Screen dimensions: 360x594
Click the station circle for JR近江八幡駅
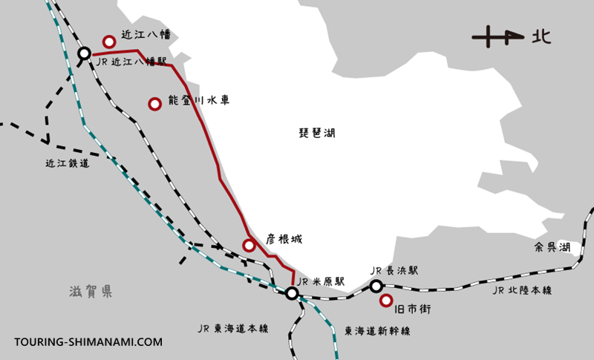click(x=85, y=53)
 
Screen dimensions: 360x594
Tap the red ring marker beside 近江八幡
click(x=110, y=42)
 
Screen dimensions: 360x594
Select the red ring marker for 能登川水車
click(x=155, y=104)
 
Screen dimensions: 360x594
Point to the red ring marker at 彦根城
click(x=249, y=245)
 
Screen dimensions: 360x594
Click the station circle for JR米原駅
click(x=293, y=294)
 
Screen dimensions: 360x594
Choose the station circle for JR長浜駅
click(x=376, y=286)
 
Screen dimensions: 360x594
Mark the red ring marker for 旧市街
click(x=386, y=301)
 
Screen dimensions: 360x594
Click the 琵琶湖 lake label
click(x=317, y=134)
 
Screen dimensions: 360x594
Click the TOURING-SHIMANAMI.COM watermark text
click(x=88, y=342)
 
